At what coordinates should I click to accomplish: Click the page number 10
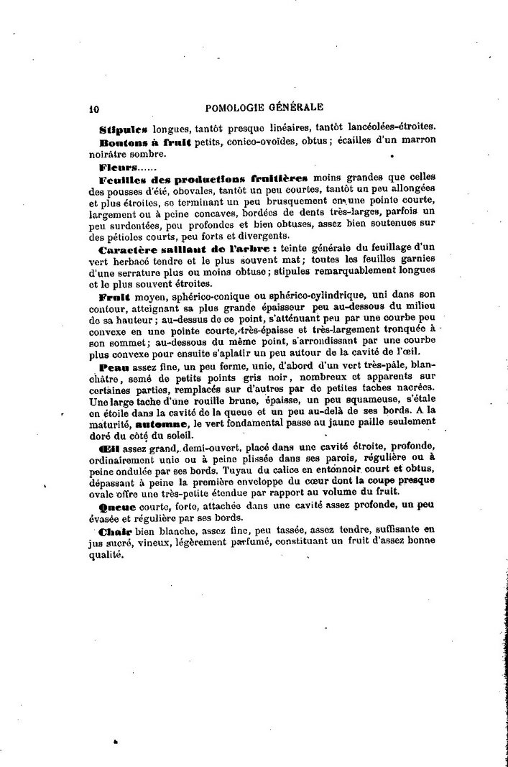93,110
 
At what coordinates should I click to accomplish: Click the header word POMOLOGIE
236,108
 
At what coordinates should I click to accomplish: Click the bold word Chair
114,529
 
